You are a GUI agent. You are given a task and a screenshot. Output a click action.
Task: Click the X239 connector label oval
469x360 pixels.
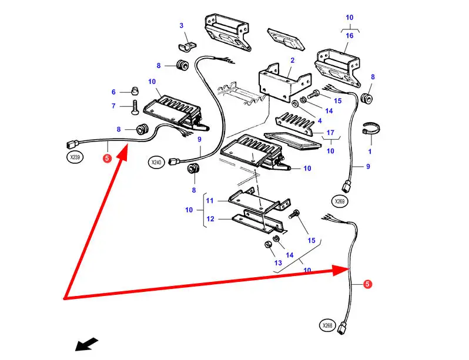click(75, 157)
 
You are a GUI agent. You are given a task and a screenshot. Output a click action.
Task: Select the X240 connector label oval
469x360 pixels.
click(156, 162)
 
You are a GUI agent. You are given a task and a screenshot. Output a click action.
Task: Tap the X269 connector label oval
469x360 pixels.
click(340, 201)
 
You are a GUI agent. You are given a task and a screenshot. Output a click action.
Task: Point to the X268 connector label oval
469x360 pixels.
click(327, 325)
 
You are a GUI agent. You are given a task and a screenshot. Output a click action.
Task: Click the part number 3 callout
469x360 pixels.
click(181, 25)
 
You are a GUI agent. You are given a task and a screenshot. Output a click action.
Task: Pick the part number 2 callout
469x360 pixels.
click(292, 60)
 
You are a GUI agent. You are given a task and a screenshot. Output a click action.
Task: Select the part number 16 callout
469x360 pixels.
click(350, 36)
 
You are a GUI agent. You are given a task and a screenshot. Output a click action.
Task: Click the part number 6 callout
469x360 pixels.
click(114, 92)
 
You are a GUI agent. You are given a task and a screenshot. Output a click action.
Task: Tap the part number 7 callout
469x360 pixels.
click(114, 106)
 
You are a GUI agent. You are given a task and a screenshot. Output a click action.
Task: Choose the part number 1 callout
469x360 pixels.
click(370, 152)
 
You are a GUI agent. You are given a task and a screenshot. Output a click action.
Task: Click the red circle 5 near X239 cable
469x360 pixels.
click(106, 158)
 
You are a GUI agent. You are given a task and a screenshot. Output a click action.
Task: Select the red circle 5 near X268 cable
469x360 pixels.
click(367, 284)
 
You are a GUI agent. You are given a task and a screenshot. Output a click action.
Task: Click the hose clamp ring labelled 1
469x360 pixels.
click(370, 128)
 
